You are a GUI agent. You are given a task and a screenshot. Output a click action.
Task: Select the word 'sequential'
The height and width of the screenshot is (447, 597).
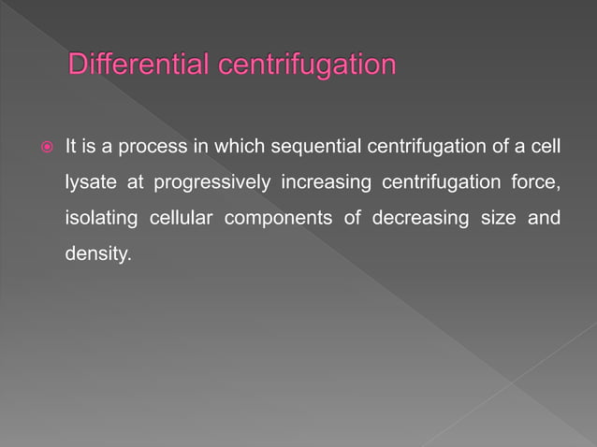(307, 147)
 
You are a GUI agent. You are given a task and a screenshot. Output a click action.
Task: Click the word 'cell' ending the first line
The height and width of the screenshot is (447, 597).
(547, 147)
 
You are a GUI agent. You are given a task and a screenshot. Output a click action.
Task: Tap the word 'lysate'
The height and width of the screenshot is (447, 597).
(87, 182)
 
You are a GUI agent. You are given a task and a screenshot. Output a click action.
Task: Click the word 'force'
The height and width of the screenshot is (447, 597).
(538, 182)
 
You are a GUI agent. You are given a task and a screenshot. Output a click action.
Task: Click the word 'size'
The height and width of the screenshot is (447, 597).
(497, 218)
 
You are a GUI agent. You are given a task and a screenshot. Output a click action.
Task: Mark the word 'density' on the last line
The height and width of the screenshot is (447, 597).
(96, 253)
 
